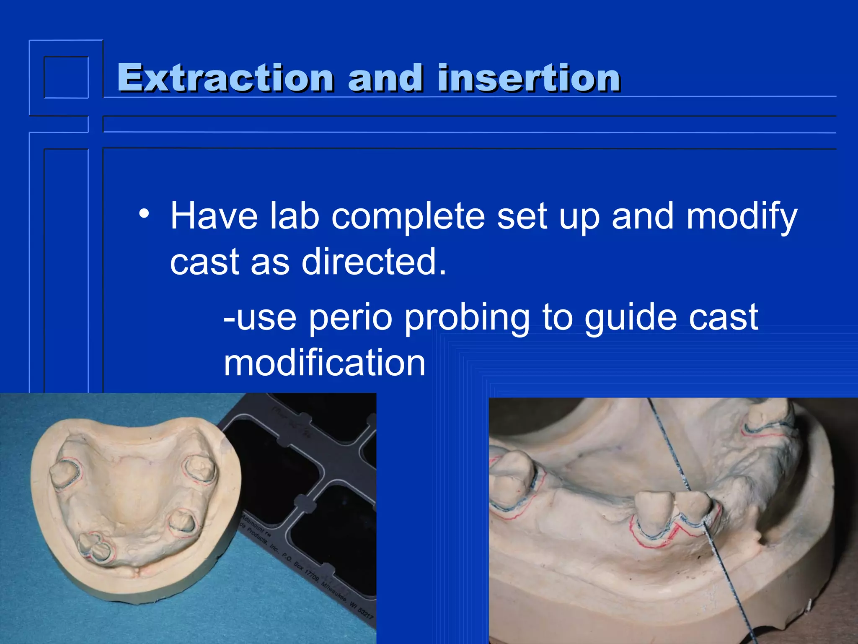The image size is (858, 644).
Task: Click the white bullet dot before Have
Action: click(144, 214)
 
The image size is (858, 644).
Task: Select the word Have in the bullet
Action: click(214, 216)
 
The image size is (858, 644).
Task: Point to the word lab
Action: click(294, 216)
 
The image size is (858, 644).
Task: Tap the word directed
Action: click(374, 262)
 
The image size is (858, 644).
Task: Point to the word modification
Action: click(324, 363)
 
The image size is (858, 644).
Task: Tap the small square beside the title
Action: click(66, 78)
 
